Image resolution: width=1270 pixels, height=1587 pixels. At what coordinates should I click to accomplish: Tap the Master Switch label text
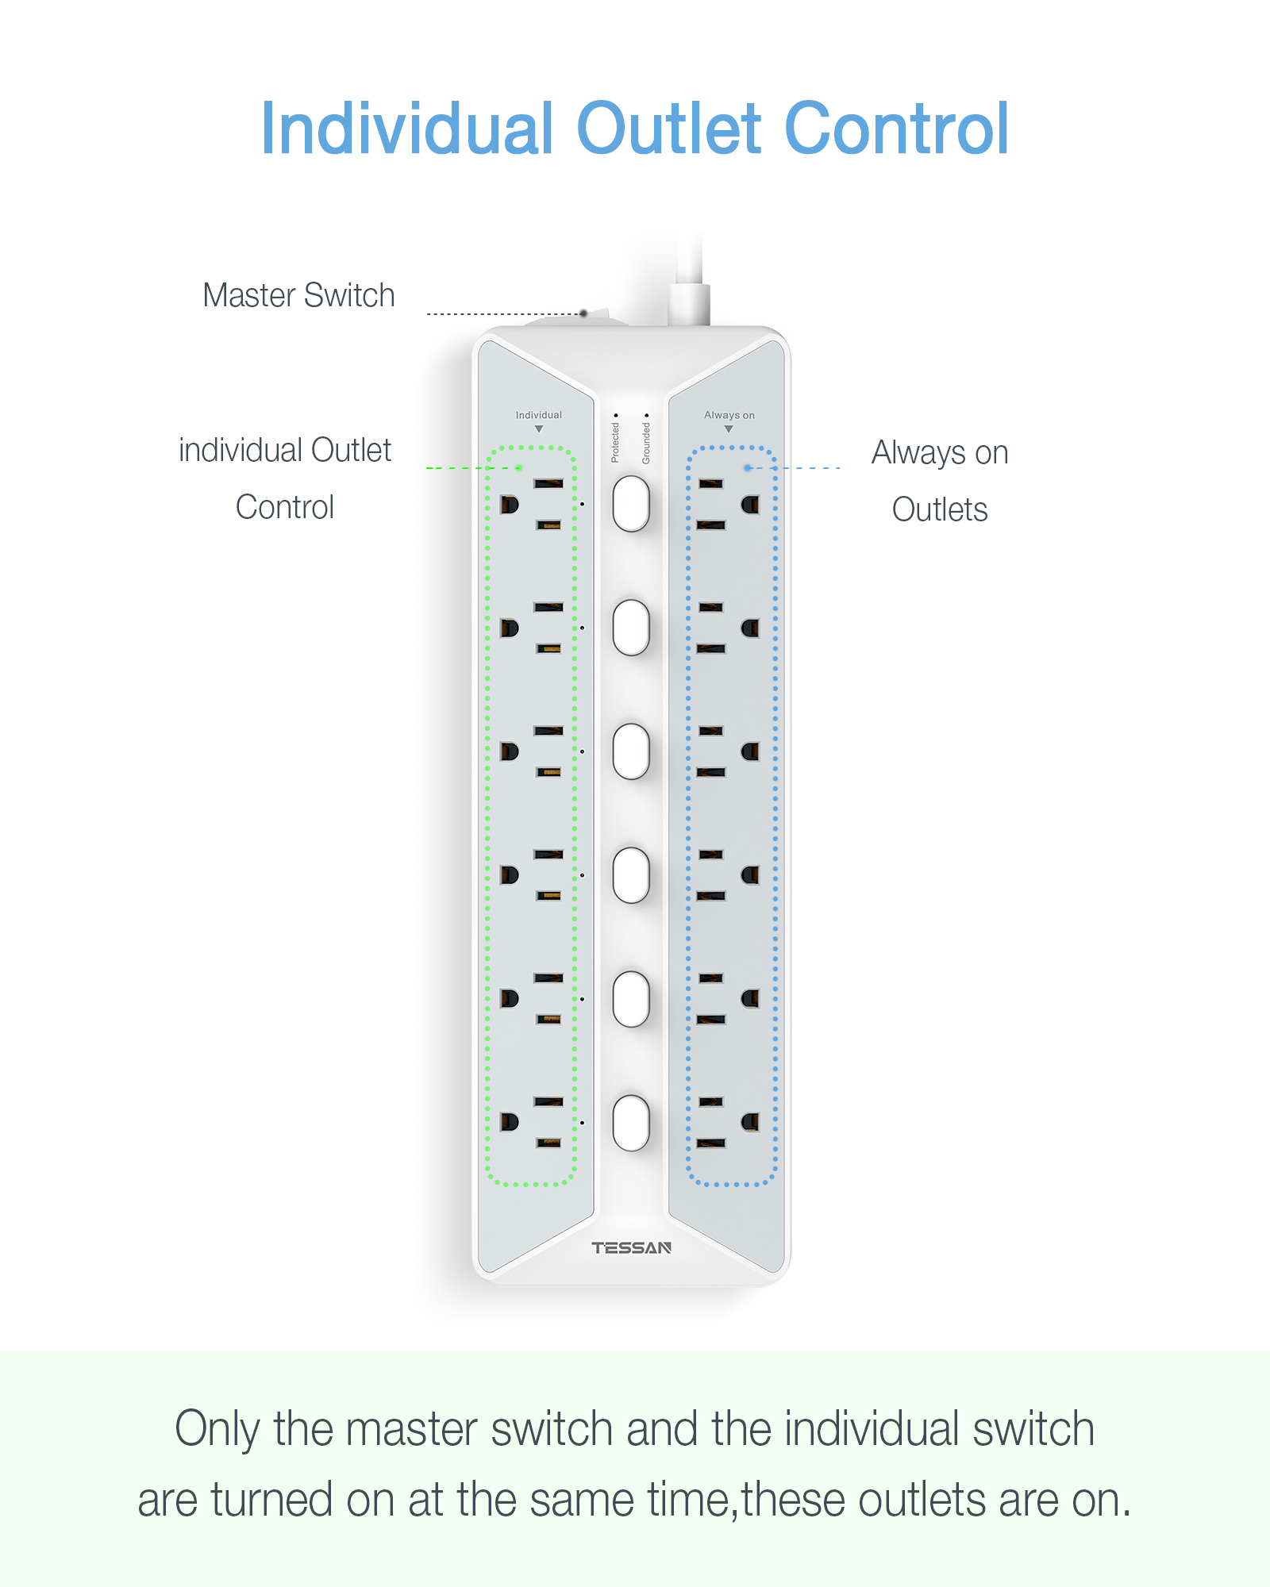[x=298, y=295]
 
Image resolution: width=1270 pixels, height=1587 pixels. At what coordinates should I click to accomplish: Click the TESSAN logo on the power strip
[x=631, y=1248]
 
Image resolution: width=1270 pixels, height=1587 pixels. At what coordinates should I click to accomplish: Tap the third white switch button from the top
[x=631, y=751]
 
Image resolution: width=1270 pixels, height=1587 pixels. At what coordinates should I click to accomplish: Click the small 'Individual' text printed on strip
[x=538, y=415]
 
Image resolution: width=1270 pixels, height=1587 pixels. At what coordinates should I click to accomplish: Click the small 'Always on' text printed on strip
[x=729, y=415]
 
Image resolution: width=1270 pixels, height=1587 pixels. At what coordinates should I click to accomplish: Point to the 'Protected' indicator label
[x=614, y=442]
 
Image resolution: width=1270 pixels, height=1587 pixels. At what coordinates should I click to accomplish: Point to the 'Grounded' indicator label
[x=646, y=443]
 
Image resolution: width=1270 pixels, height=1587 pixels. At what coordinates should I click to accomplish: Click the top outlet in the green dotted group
[x=532, y=504]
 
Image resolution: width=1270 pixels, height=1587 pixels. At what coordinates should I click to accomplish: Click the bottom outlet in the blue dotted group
[x=729, y=1122]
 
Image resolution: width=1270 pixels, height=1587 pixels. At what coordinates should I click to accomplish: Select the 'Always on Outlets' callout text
[x=940, y=480]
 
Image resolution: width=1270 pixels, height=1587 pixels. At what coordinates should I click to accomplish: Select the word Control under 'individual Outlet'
[x=285, y=507]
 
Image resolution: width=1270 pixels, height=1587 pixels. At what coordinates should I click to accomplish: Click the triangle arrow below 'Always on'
[x=729, y=429]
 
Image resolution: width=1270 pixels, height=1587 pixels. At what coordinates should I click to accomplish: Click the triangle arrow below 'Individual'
[x=539, y=429]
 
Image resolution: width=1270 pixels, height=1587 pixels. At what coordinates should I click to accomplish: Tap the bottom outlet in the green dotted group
[x=532, y=1122]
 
